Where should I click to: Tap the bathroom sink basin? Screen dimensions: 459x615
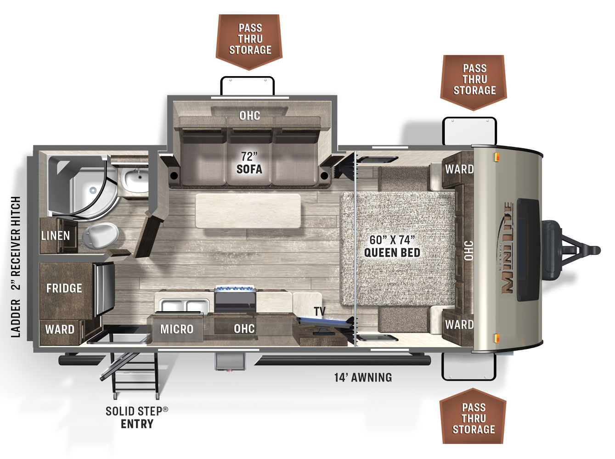[135, 179]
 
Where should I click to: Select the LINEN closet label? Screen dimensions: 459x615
[56, 235]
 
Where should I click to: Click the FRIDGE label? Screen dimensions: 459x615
[64, 288]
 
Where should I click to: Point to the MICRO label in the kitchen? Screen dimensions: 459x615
[176, 329]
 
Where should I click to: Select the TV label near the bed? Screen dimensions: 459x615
[320, 312]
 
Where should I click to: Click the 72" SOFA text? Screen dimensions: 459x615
[249, 163]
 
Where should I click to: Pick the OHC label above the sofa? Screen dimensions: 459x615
[249, 116]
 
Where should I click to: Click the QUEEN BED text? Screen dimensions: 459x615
[392, 252]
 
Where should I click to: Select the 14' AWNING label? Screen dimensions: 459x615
[363, 377]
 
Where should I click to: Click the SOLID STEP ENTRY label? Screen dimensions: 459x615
[137, 417]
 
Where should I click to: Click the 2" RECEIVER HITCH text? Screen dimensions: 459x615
[16, 243]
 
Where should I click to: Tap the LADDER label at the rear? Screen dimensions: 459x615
[16, 318]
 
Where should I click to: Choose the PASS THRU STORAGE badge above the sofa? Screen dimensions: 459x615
[249, 39]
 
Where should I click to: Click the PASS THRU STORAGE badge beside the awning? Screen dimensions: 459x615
[473, 418]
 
